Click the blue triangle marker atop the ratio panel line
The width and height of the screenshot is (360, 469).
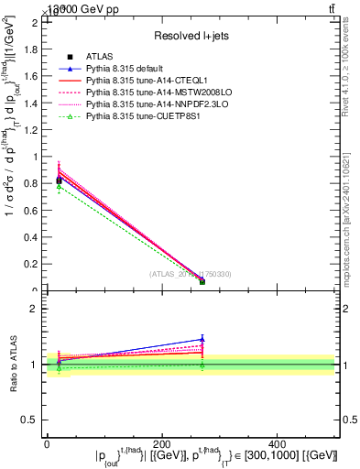click(202, 339)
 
